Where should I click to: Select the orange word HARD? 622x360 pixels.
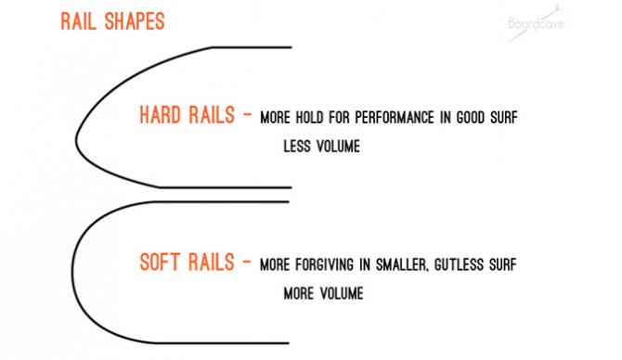161,116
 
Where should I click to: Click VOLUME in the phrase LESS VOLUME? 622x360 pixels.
338,147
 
